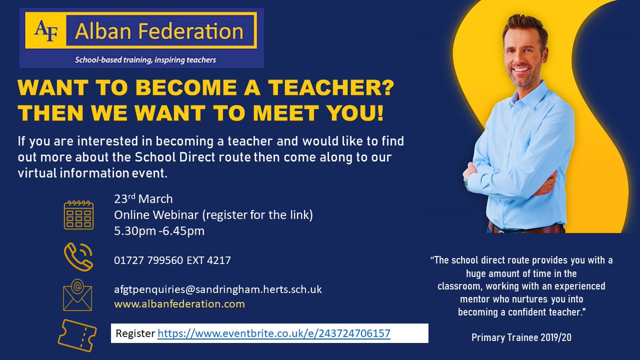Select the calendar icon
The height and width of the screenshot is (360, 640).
click(x=78, y=215)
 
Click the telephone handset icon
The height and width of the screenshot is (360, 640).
click(x=78, y=258)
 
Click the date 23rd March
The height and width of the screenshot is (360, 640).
click(x=143, y=199)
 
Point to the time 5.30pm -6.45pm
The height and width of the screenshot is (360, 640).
click(x=159, y=231)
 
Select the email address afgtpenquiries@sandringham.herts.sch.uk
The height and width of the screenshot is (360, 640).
click(x=218, y=290)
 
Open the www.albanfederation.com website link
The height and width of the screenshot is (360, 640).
click(x=179, y=304)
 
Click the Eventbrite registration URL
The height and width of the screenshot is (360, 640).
click(x=274, y=334)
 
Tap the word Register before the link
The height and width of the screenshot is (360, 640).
click(x=136, y=334)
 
